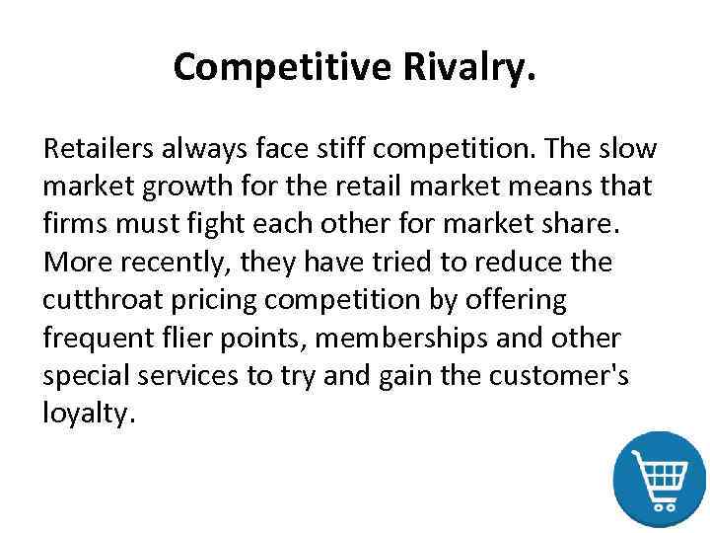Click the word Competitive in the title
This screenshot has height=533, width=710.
coord(281,67)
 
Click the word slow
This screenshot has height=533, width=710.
coord(634,149)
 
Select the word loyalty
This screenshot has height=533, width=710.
coord(84,415)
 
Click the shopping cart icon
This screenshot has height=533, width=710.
coord(659,478)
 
